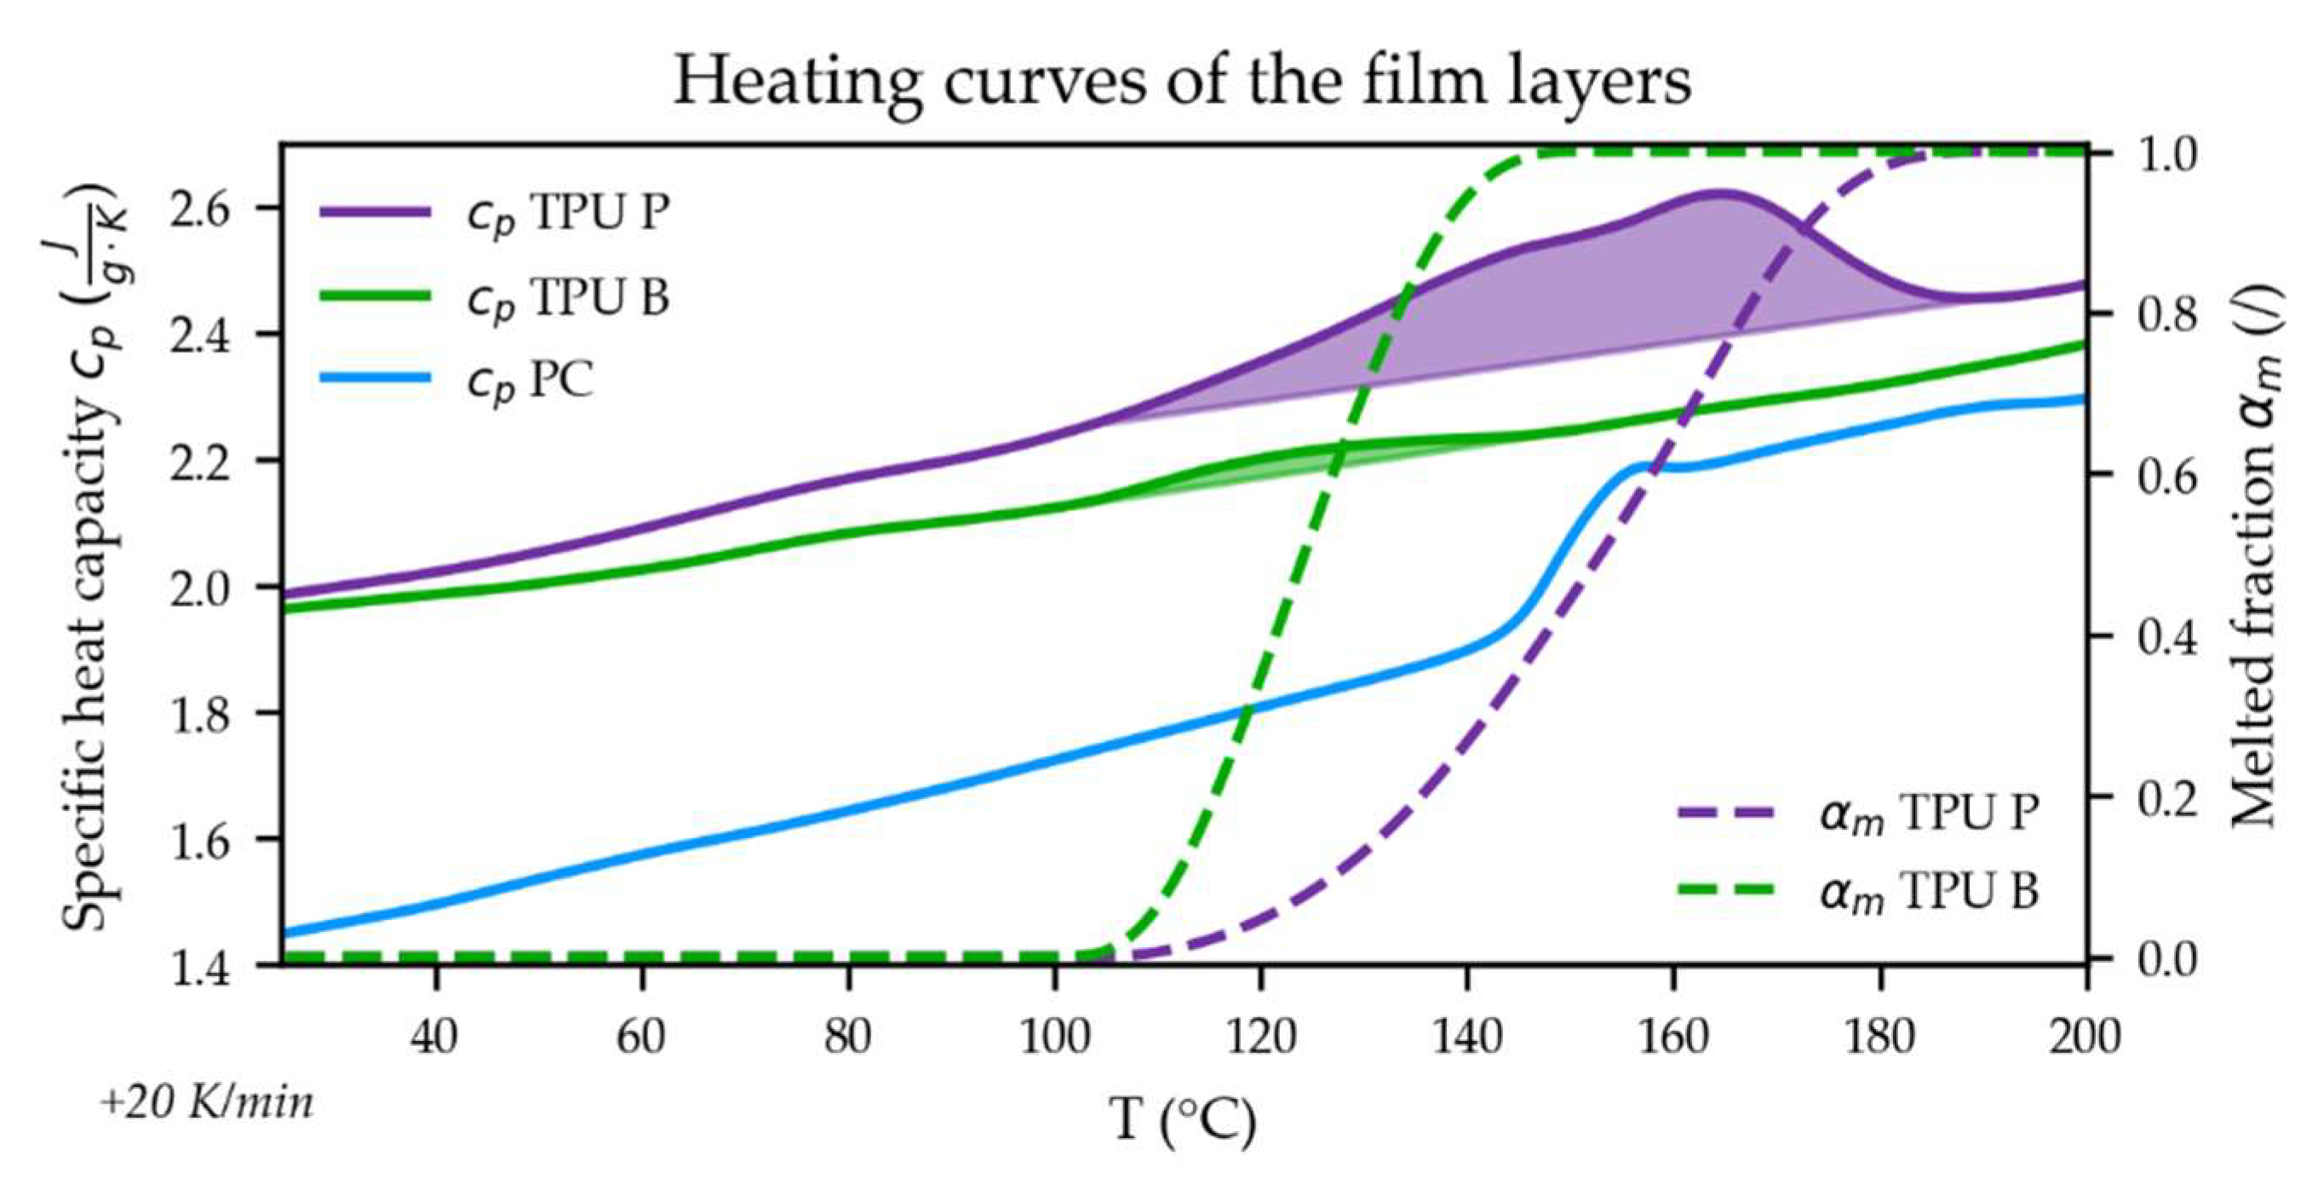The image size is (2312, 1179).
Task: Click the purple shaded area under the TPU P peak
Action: tap(1580, 296)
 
